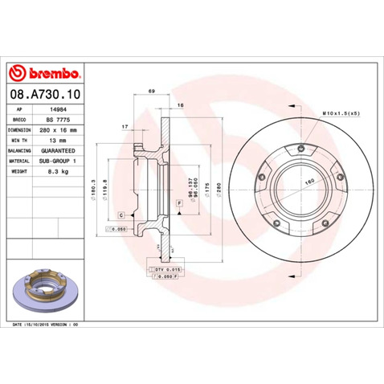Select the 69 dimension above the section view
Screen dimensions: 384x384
point(150,95)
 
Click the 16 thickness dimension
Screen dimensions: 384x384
point(181,106)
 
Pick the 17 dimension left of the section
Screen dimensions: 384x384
point(125,128)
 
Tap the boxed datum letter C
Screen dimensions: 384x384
point(121,215)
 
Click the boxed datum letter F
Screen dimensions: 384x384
point(178,204)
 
